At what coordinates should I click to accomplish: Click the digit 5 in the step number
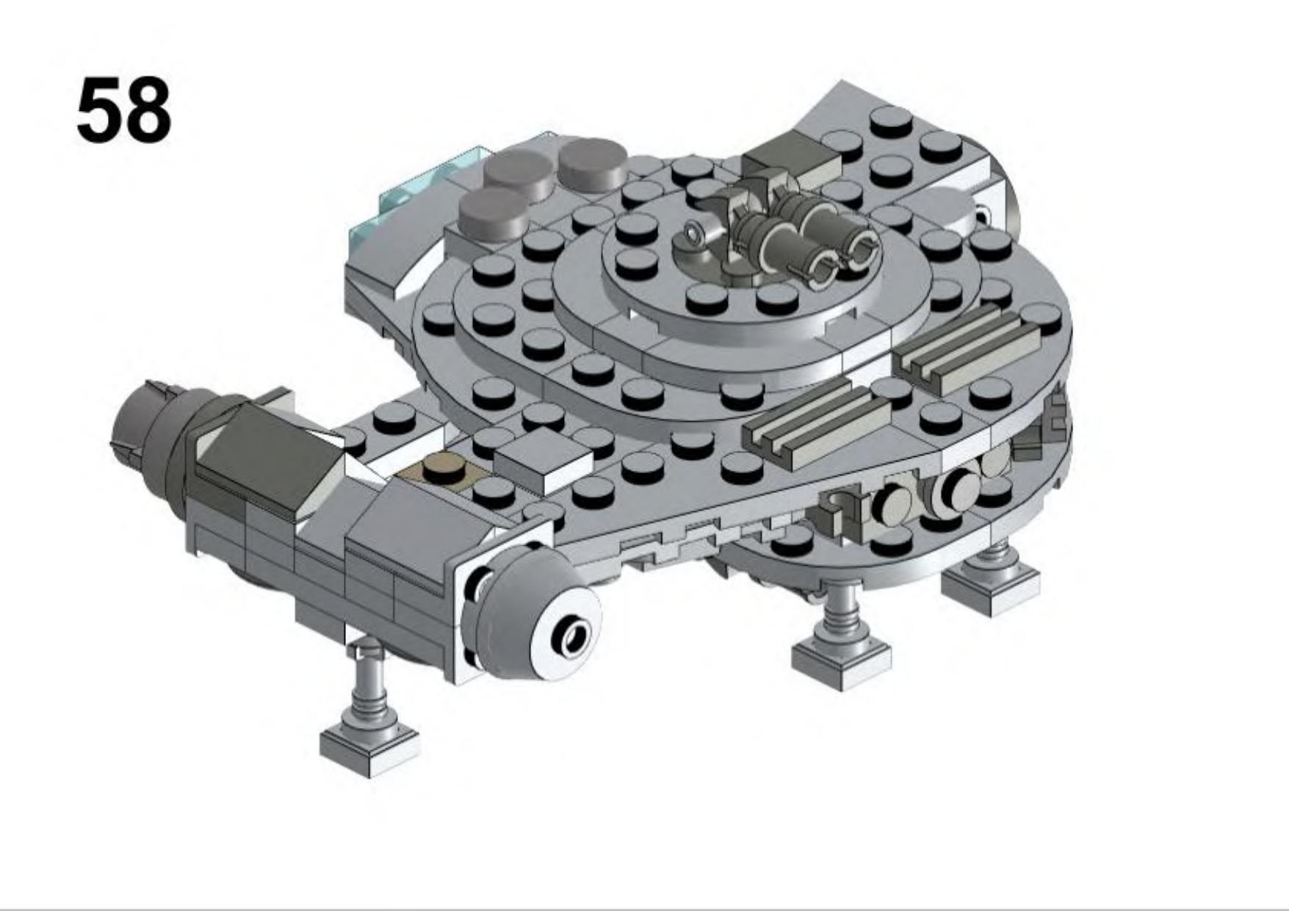100,110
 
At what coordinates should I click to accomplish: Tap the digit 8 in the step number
148,110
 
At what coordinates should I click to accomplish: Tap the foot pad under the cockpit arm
370,746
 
